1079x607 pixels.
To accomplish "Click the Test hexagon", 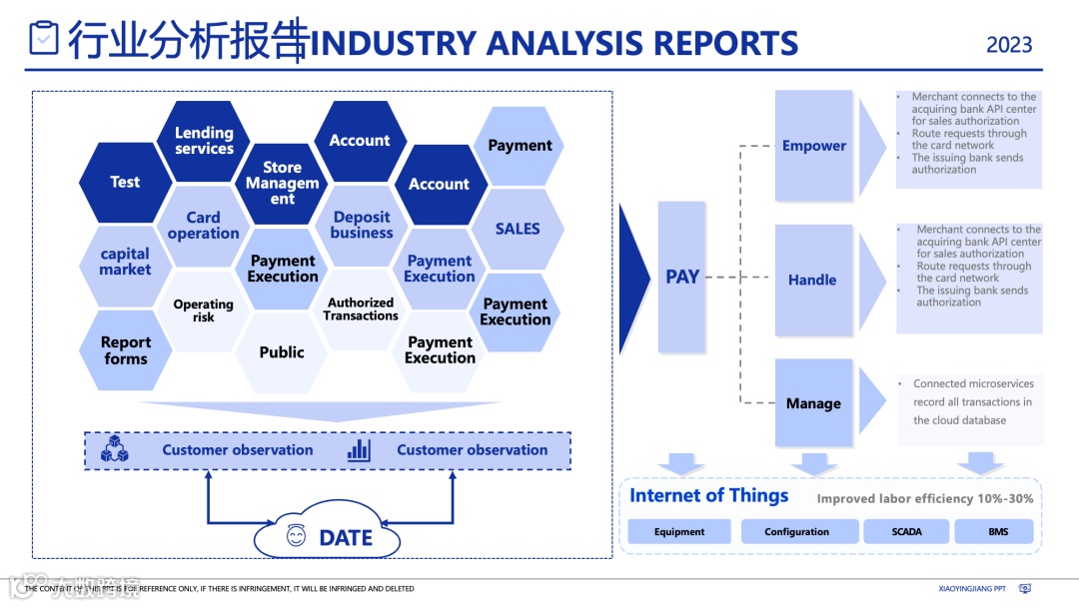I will [125, 182].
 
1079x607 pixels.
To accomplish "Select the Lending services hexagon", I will [204, 141].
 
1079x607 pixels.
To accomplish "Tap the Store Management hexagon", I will [282, 183].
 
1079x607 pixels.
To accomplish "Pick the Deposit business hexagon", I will [362, 225].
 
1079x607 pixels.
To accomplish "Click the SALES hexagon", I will [518, 229].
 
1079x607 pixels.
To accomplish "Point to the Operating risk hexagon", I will [203, 310].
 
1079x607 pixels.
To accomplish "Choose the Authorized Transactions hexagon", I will [361, 309].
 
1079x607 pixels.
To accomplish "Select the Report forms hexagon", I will [125, 350].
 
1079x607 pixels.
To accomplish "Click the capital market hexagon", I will [125, 262].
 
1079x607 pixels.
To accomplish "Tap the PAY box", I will [682, 277].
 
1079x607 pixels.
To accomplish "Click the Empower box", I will [814, 146].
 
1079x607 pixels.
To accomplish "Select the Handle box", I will [813, 280].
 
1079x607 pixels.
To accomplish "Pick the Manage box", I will [813, 403].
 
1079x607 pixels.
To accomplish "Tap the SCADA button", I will [906, 532].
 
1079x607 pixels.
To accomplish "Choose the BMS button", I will [998, 532].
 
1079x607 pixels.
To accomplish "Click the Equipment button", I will [679, 532].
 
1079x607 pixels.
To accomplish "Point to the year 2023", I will [1009, 45].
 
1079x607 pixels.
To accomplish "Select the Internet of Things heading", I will [708, 496].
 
